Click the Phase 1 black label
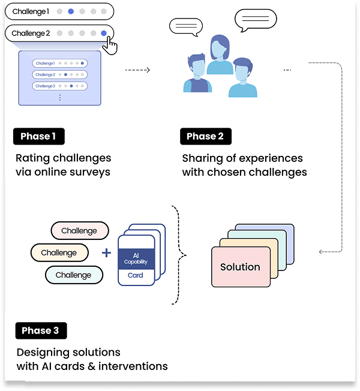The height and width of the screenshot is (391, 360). pos(38,136)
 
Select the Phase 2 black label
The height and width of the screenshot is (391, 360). pos(205,136)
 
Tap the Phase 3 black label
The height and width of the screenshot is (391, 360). pos(40,330)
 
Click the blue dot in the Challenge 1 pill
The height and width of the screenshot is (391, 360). pos(71,11)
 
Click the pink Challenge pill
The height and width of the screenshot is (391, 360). pos(79,231)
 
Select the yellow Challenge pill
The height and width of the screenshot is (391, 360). pos(59,252)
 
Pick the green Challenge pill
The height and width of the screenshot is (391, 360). pos(73,275)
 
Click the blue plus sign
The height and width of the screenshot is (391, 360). pos(107,253)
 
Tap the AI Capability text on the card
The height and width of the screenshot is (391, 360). pos(136,258)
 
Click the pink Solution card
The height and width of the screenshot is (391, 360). pos(240,267)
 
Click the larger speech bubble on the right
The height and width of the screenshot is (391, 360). pos(256,19)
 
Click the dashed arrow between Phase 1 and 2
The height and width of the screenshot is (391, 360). pos(137,70)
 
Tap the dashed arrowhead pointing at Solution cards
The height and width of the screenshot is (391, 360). pos(322,251)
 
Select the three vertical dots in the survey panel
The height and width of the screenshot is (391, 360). pos(60,97)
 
